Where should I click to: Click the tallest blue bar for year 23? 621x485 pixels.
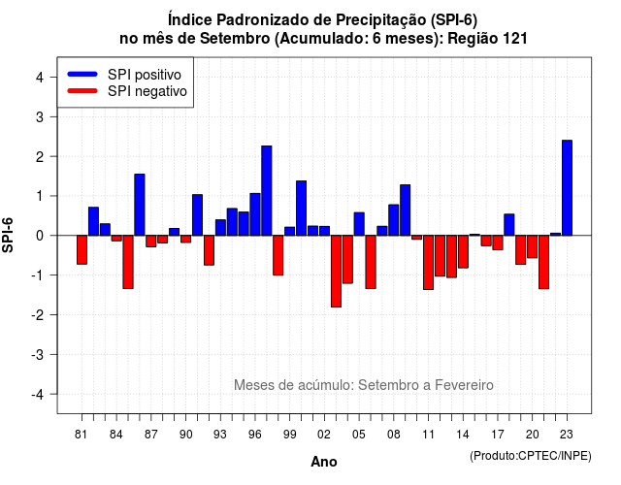[567, 187]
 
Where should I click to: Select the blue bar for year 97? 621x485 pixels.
[267, 190]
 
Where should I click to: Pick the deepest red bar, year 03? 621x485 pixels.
[336, 272]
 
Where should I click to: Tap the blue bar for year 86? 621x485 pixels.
[140, 205]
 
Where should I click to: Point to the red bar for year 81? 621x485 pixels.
[82, 250]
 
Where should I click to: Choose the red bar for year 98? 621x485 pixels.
[278, 255]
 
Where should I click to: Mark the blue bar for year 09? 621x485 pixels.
[406, 210]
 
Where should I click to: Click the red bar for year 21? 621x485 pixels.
[543, 262]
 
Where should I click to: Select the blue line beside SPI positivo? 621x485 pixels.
[82, 74]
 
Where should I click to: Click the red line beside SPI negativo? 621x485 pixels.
[82, 90]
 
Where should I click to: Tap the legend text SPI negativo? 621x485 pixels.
[147, 91]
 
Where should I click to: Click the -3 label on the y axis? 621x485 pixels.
[38, 354]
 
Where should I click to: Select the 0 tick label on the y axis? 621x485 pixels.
[40, 236]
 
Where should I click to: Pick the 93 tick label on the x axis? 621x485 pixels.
[220, 435]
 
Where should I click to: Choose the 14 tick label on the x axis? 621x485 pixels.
[463, 435]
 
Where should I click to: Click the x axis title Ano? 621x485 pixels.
[324, 462]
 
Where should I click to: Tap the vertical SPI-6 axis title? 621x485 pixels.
[8, 235]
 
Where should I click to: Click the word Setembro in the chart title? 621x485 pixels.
[235, 39]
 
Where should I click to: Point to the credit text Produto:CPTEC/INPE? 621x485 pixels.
[531, 456]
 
